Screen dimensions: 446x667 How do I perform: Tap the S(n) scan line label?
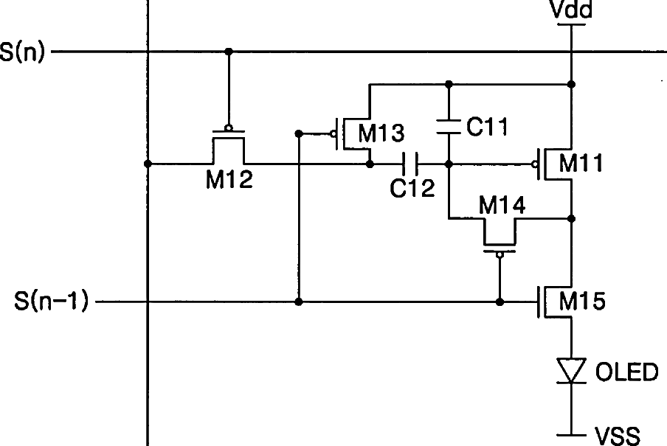click(23, 53)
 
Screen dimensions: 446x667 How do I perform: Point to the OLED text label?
click(626, 372)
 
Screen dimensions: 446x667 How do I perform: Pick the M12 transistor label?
click(229, 180)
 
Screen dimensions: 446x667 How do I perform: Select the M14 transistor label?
click(502, 206)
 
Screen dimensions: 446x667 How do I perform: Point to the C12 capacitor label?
click(412, 189)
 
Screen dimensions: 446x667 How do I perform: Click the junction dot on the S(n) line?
click(229, 52)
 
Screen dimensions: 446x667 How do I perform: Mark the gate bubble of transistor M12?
click(229, 128)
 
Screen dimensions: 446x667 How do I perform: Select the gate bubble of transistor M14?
click(500, 255)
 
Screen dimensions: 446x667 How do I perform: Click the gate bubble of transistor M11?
click(536, 164)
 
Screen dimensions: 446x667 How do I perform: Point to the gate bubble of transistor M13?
click(334, 133)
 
